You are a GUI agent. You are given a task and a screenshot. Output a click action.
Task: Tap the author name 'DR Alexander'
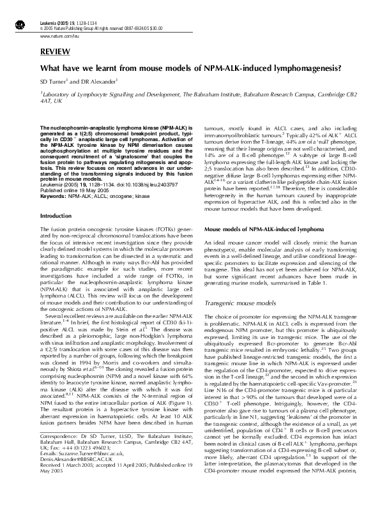coord(99,82)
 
